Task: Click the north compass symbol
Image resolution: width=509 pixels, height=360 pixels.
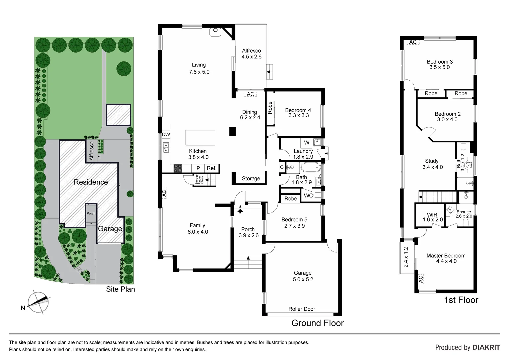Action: [x=37, y=300]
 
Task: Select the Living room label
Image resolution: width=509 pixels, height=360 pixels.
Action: [x=199, y=65]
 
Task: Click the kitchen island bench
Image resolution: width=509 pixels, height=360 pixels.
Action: [x=200, y=138]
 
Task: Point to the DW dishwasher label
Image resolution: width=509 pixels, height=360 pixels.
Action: [x=166, y=135]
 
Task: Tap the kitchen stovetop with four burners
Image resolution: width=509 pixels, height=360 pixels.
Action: [x=178, y=169]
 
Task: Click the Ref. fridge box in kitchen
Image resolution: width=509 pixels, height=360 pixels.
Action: [x=212, y=168]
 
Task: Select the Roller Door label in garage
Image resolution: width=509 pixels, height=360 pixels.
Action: [x=302, y=309]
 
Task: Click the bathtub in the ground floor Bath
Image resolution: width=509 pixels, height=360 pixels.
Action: [x=310, y=167]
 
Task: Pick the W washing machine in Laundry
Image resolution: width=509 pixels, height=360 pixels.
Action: [x=307, y=143]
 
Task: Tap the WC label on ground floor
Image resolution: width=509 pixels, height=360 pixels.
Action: [x=308, y=196]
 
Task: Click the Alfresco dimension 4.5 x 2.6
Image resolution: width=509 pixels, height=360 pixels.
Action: [x=252, y=57]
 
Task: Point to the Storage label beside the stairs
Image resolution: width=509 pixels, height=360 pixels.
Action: [x=251, y=179]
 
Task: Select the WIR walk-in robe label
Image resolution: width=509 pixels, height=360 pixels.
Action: [x=432, y=215]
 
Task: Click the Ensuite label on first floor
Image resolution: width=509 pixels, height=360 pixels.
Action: [x=464, y=212]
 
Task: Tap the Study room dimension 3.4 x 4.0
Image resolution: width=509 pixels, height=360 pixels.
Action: [x=433, y=167]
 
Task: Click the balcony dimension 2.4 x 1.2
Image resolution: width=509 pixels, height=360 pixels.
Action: [x=406, y=257]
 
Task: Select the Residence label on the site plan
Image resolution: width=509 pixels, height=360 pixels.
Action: [x=91, y=182]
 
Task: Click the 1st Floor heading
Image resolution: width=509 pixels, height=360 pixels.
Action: [x=461, y=300]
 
